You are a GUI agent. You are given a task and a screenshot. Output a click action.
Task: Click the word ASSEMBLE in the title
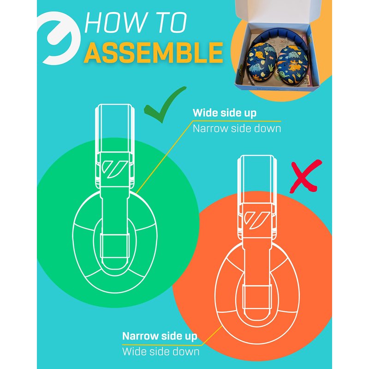[x=154, y=52]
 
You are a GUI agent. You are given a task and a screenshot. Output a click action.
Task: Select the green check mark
[x=165, y=104]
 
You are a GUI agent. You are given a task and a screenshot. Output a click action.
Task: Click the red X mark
[x=306, y=176]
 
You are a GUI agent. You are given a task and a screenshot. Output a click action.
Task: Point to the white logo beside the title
[x=59, y=38]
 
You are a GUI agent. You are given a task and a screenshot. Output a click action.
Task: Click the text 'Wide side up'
[x=225, y=113]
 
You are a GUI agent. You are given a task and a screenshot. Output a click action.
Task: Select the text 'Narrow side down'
[x=237, y=129]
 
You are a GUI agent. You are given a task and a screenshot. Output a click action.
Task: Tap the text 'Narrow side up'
[x=160, y=336]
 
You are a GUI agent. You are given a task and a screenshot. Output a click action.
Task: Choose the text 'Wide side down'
[x=161, y=352]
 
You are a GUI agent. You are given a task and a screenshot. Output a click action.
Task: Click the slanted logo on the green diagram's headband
[x=114, y=169]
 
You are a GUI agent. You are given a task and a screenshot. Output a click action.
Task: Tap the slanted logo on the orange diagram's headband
[x=257, y=220]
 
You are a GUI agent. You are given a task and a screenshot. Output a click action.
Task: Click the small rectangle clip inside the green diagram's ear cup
[x=114, y=246]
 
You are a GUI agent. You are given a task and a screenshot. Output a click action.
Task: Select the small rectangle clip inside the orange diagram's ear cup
[x=257, y=297]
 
